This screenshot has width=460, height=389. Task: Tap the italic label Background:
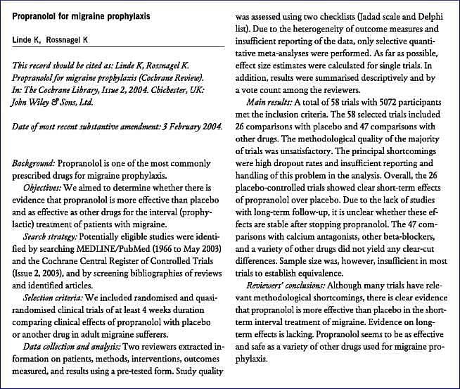tap(37, 162)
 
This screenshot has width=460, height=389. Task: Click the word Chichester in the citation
tap(160, 89)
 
